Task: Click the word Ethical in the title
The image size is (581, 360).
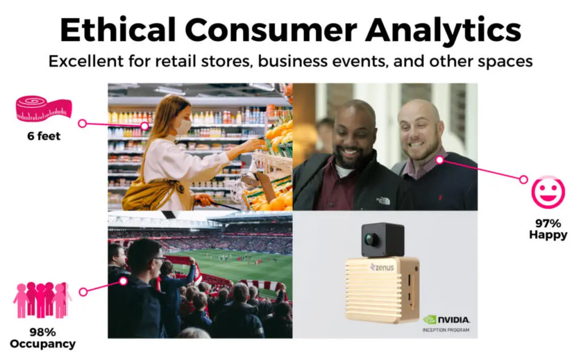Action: click(117, 30)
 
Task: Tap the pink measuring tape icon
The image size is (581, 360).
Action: click(44, 109)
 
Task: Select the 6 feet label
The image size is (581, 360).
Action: click(44, 136)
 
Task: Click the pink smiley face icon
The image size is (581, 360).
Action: click(548, 192)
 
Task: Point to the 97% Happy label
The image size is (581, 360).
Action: click(548, 229)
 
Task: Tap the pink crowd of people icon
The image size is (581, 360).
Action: click(42, 300)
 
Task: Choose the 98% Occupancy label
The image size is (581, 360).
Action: click(43, 338)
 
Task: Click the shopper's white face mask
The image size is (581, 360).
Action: click(183, 127)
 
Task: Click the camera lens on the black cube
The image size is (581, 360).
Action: click(369, 238)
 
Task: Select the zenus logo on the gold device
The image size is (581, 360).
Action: click(382, 267)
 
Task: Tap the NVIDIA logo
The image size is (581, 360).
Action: click(447, 319)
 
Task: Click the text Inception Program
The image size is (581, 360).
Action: click(446, 330)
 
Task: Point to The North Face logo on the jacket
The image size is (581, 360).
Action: click(384, 200)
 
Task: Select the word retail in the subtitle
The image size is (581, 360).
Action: click(176, 61)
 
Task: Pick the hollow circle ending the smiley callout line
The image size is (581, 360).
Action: click(523, 179)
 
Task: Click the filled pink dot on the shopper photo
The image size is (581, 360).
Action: click(145, 126)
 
